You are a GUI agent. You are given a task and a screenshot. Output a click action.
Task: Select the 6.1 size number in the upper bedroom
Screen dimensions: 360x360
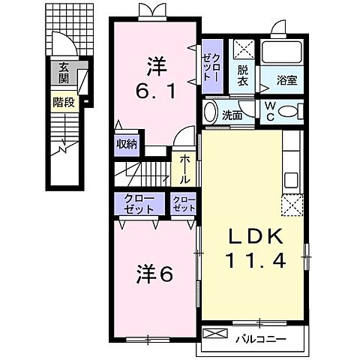coord(155,91)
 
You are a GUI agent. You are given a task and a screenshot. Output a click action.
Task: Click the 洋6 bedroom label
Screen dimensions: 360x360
coord(154,274)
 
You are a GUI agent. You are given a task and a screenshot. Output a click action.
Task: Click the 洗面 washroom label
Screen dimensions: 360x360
coord(232,115)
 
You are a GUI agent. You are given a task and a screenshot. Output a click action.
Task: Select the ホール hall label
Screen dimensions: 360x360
coord(184,171)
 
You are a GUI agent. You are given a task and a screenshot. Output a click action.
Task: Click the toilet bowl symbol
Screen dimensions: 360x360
coord(288,110)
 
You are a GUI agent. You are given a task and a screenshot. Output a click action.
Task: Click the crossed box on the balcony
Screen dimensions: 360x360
coord(213,334)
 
